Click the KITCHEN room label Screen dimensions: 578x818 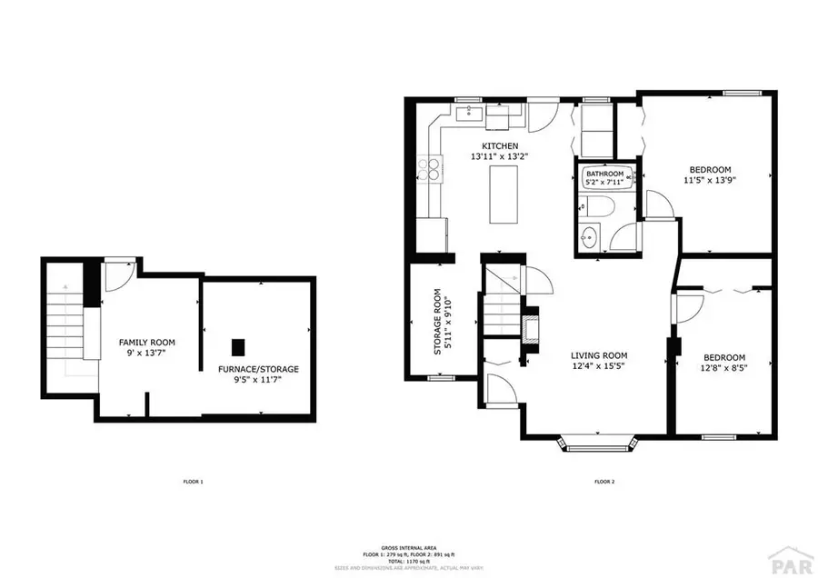click(x=500, y=145)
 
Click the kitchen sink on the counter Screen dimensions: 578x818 click(x=470, y=115)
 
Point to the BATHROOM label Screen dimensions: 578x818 click(x=604, y=174)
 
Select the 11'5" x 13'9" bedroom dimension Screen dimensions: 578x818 click(x=710, y=180)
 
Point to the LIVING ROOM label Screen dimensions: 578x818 click(x=598, y=355)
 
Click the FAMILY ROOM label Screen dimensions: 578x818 click(x=146, y=342)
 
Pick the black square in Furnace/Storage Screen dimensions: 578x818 click(x=238, y=346)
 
